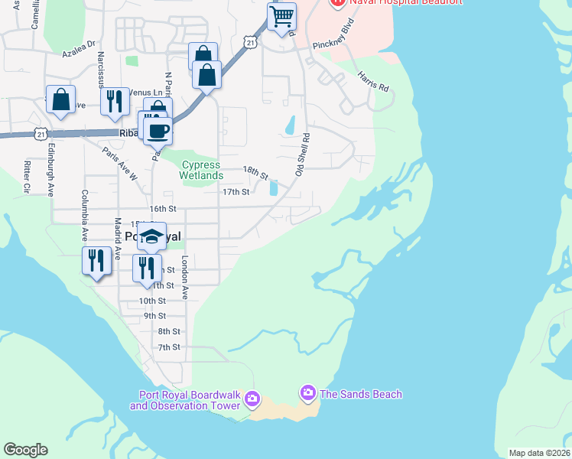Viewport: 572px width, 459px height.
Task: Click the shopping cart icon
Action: tap(282, 15)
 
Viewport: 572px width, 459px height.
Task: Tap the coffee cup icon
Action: tap(158, 130)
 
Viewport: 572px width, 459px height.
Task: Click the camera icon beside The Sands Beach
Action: tap(308, 393)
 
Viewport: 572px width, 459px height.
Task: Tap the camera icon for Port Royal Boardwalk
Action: tap(252, 399)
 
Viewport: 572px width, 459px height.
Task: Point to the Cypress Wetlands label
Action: tap(200, 170)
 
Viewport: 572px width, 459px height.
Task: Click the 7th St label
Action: tap(169, 347)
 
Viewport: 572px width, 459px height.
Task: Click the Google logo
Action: tap(25, 450)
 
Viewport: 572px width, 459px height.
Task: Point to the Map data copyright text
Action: tap(539, 453)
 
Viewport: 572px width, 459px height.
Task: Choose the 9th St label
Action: tap(154, 316)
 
